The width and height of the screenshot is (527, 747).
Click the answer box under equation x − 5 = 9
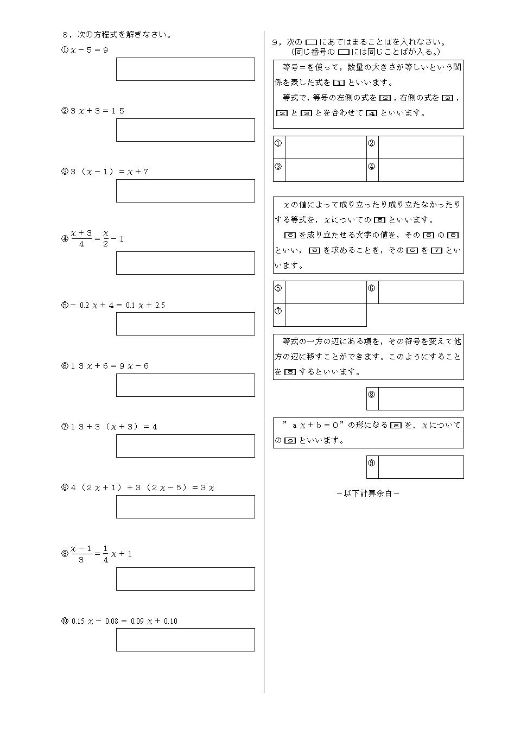(185, 69)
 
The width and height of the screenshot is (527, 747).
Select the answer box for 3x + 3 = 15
(185, 130)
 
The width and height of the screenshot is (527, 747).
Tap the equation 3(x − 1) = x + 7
(109, 172)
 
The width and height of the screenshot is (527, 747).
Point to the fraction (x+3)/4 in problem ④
(81, 238)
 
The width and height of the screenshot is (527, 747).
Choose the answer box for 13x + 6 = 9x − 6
(185, 385)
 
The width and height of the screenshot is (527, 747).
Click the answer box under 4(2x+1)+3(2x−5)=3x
(185, 507)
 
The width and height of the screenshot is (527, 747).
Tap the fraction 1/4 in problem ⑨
(106, 554)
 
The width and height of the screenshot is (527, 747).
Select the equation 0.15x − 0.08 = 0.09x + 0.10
(124, 621)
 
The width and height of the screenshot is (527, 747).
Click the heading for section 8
(117, 34)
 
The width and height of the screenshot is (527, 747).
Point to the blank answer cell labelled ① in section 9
(325, 147)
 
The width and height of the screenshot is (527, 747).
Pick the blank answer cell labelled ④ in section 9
(421, 170)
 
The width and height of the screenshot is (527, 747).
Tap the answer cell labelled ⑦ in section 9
(325, 315)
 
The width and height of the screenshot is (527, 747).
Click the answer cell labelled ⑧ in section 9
(421, 398)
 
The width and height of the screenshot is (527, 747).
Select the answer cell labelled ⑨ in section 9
(421, 467)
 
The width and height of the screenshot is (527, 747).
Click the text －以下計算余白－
(368, 493)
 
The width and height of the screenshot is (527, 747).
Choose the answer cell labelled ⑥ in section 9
(421, 292)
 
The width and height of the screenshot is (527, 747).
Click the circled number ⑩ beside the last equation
(65, 621)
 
